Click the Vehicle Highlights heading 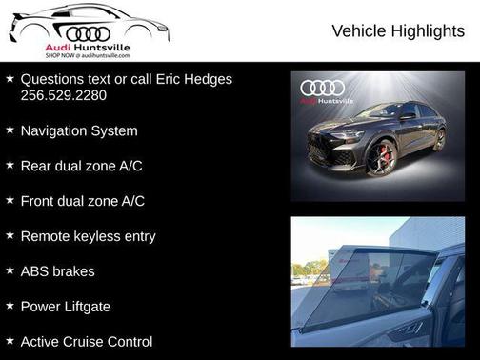pyautogui.click(x=398, y=31)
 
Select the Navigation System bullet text pyautogui.click(x=79, y=130)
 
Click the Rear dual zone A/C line pyautogui.click(x=81, y=166)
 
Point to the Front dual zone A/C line pyautogui.click(x=82, y=201)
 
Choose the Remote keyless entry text pyautogui.click(x=88, y=236)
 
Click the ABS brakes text pyautogui.click(x=57, y=271)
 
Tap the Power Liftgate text pyautogui.click(x=66, y=306)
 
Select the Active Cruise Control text pyautogui.click(x=86, y=341)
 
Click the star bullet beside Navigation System pyautogui.click(x=10, y=130)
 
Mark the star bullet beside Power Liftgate pyautogui.click(x=10, y=305)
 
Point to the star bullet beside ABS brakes pyautogui.click(x=10, y=270)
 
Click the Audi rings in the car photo pyautogui.click(x=322, y=88)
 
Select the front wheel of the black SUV pyautogui.click(x=382, y=157)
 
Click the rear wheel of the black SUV pyautogui.click(x=439, y=139)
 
